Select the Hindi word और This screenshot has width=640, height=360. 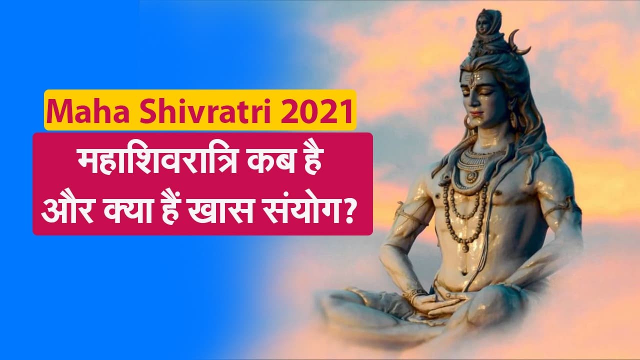(68, 208)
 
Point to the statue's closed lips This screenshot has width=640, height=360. (477, 114)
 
